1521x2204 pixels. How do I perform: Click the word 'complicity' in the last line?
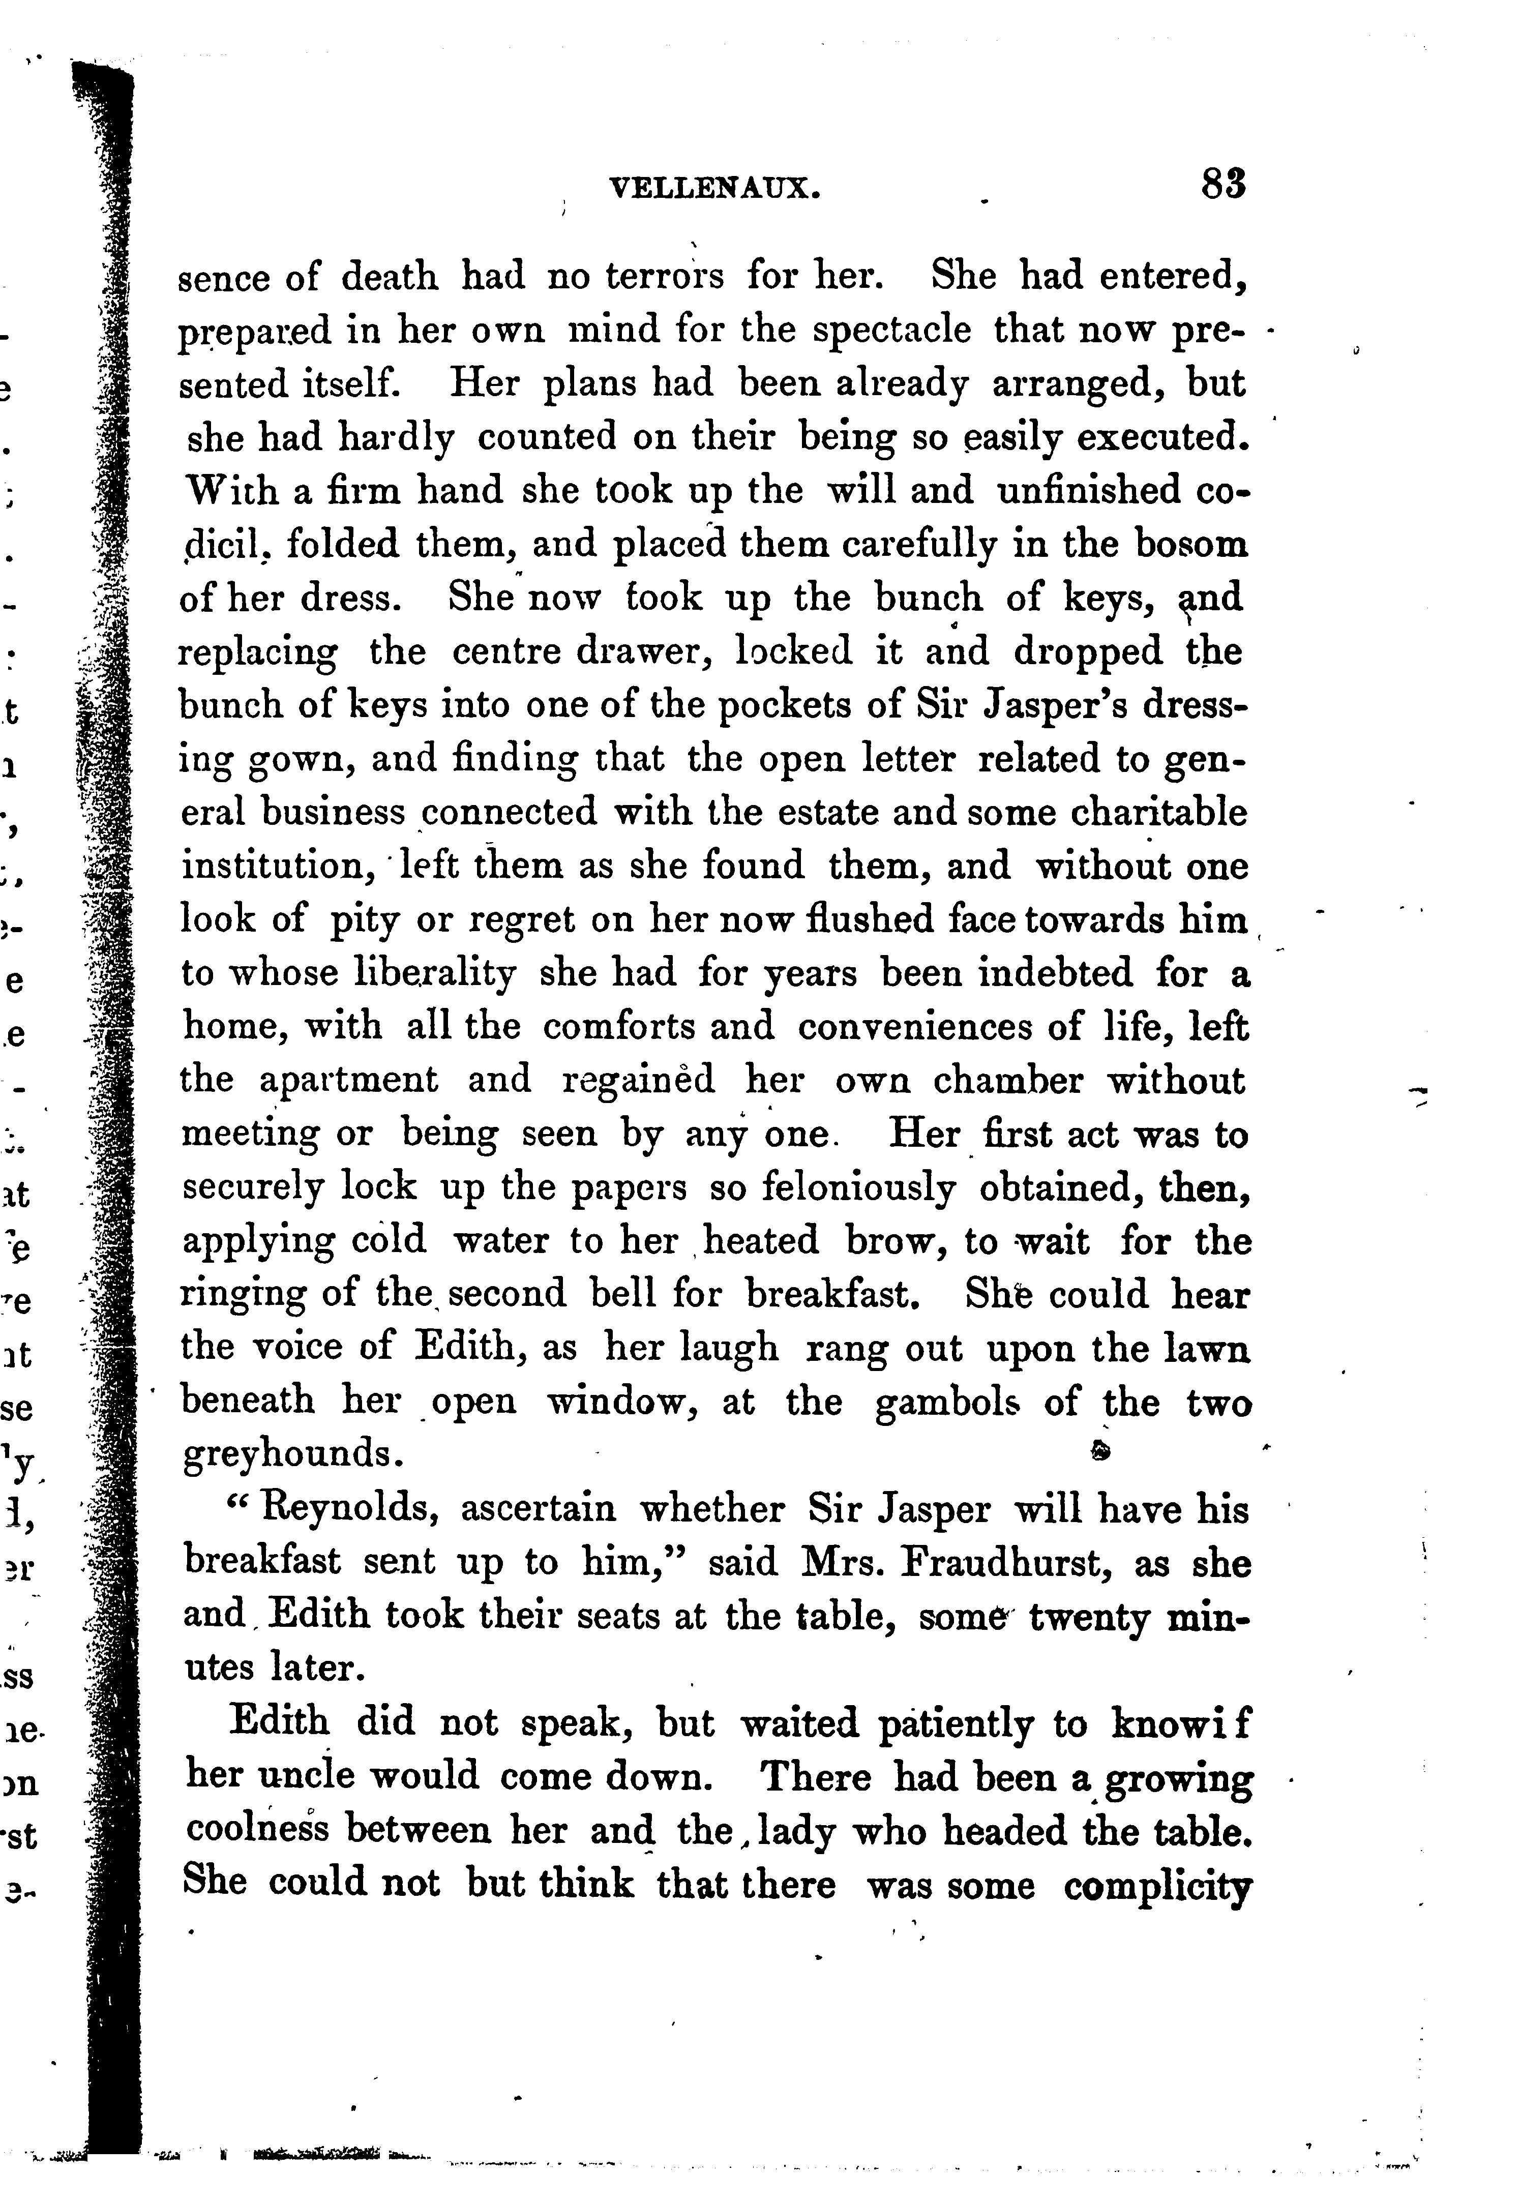pos(1157,1885)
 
